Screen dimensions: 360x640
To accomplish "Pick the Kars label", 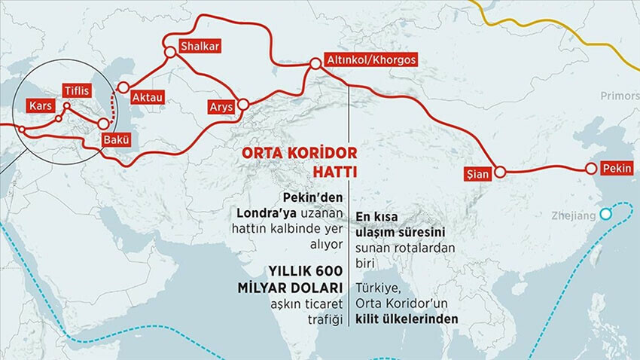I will [x=39, y=107].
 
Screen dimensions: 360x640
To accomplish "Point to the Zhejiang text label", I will [x=572, y=216].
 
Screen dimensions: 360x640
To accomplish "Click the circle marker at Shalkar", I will [x=170, y=52].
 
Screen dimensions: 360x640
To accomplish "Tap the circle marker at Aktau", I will [x=123, y=87].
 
